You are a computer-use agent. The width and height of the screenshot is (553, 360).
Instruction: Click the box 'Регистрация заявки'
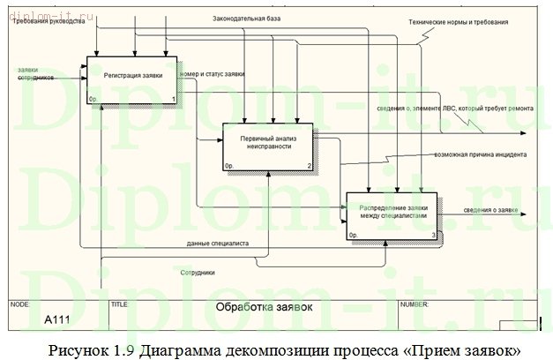click(132, 79)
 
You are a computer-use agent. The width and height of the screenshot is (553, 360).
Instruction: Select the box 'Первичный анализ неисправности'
click(266, 145)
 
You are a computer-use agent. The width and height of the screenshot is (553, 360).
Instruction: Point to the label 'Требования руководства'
click(49, 21)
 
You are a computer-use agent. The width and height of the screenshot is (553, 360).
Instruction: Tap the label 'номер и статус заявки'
click(212, 75)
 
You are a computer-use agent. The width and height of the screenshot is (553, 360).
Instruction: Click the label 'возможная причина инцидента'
click(480, 154)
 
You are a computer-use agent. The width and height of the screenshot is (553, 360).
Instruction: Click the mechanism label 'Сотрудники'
click(197, 273)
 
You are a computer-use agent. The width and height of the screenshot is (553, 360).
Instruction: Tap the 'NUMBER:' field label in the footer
click(414, 304)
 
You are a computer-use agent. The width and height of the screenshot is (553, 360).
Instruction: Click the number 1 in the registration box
click(173, 99)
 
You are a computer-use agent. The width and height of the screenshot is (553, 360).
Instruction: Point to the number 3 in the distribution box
click(432, 235)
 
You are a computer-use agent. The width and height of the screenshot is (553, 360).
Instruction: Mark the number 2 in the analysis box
click(309, 165)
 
